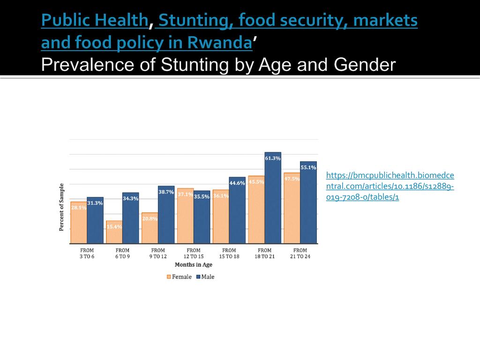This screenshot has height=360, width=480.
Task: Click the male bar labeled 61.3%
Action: pyautogui.click(x=273, y=199)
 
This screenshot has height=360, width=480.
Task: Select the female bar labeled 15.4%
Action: pyautogui.click(x=114, y=232)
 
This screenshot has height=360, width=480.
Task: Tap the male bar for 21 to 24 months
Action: pyautogui.click(x=308, y=204)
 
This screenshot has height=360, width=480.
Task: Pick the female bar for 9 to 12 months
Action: pyautogui.click(x=150, y=229)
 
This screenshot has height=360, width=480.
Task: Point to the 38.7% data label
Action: pyautogui.click(x=166, y=192)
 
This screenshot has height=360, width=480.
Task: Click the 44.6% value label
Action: pyautogui.click(x=237, y=183)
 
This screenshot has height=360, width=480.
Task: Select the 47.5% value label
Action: pyautogui.click(x=292, y=179)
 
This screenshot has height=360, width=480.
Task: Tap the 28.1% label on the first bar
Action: pyautogui.click(x=78, y=208)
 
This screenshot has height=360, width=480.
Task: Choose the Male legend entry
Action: pyautogui.click(x=205, y=277)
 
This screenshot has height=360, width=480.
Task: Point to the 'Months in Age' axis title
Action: pyautogui.click(x=193, y=265)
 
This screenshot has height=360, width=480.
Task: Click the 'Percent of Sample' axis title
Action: pyautogui.click(x=61, y=207)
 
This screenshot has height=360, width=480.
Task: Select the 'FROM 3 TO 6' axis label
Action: pyautogui.click(x=87, y=254)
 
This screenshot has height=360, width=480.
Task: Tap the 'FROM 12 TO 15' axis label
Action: pyautogui.click(x=193, y=254)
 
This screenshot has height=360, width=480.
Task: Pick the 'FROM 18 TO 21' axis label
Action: pyautogui.click(x=264, y=254)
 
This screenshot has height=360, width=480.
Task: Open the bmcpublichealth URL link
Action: pyautogui.click(x=390, y=187)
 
